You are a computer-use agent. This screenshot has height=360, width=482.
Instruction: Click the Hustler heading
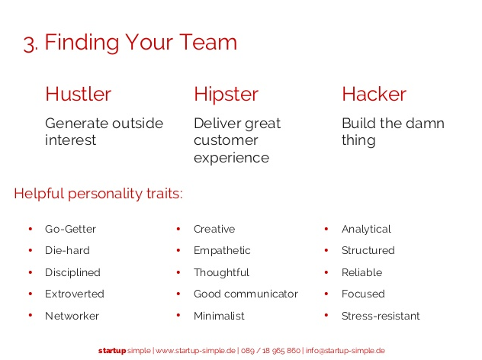(78, 94)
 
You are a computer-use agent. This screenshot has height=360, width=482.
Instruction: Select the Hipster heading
(226, 95)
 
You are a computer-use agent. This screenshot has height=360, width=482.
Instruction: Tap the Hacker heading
(374, 94)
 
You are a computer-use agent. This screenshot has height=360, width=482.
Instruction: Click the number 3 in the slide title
(30, 44)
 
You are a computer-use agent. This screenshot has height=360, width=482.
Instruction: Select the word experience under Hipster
(232, 158)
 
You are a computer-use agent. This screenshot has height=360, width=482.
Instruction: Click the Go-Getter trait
(70, 229)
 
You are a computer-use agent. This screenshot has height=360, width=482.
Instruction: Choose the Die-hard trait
(67, 250)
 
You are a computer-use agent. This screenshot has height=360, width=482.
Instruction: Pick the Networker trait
(72, 316)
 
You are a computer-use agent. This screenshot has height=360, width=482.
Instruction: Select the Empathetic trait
(222, 251)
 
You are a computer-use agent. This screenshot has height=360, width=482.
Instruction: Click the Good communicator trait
(246, 294)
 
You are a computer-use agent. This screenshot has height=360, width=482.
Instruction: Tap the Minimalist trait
(219, 316)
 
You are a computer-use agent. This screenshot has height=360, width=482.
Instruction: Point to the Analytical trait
(366, 230)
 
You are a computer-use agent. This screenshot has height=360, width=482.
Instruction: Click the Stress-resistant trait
(381, 316)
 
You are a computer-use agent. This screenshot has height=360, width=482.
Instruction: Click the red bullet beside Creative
(178, 229)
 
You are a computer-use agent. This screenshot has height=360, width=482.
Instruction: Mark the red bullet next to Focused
(326, 294)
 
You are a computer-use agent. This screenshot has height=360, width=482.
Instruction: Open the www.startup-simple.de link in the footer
(195, 351)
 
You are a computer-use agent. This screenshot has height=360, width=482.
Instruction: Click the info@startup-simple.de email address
(345, 351)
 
